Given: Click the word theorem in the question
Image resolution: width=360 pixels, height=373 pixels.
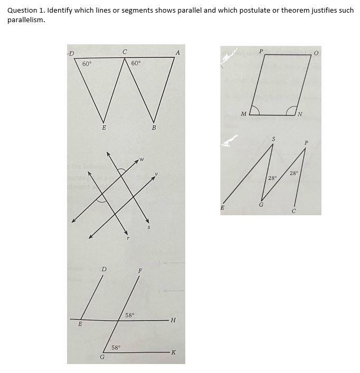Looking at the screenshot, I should coord(280,11).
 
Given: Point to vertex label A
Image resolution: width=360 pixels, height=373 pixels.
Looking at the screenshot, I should coord(178,52).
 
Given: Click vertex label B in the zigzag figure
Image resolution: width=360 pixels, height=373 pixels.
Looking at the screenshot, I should coord(154,128).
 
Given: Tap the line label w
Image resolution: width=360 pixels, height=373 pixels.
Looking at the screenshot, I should coord(142,159).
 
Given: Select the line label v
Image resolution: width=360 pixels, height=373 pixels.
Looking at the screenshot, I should coord(156,174).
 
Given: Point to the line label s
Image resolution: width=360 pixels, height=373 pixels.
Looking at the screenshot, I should coord(149,227).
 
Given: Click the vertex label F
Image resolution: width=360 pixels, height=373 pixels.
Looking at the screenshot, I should coord(140,271).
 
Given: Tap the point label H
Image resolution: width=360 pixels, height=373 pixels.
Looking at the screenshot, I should coord(174,320).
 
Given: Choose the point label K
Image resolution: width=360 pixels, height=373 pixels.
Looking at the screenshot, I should coord(174,352).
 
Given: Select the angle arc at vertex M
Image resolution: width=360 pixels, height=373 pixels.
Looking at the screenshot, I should coord(254,110).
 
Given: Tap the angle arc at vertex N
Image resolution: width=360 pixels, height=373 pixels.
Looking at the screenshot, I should coord(290,110).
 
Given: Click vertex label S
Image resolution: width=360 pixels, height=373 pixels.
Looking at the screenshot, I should coord(273,139).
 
